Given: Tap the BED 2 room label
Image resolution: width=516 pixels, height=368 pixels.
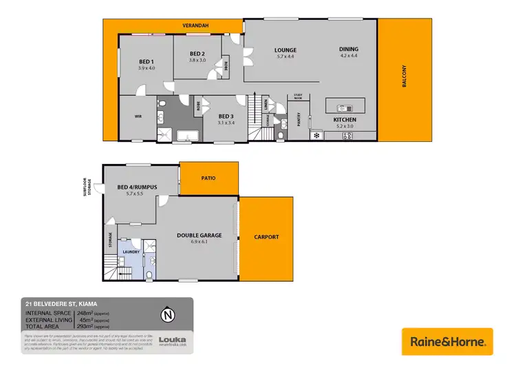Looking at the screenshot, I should pos(197,54).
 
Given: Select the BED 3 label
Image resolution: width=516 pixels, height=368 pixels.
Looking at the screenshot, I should pos(226,116).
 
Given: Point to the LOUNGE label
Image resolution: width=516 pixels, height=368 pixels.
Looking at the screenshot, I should pos(285,50).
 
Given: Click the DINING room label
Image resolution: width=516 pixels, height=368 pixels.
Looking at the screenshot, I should pos(348,50).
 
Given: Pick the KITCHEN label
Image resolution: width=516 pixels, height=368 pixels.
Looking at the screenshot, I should pos(344,119).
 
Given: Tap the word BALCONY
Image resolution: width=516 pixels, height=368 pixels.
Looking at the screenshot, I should pos(405,76).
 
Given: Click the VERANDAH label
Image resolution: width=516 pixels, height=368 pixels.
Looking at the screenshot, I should pos(195,25).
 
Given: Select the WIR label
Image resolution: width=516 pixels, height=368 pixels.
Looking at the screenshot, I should pos(138,116).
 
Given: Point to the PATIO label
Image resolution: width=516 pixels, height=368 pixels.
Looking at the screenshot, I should pos(208,178).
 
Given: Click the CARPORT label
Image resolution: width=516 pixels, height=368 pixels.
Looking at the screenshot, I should pos(267,236).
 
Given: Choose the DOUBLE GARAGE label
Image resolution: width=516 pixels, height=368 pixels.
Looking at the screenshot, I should pos(199,235).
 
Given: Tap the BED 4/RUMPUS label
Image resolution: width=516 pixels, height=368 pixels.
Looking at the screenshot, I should pos(138,187).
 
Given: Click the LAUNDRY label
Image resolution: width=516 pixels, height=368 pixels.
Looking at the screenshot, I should pos(131,252).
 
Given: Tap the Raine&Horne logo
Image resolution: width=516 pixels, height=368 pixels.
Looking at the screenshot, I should pos(447,341).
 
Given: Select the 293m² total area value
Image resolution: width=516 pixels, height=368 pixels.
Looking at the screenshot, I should pos(86,325).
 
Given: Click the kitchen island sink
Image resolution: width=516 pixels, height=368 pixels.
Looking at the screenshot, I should pos(342,108).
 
